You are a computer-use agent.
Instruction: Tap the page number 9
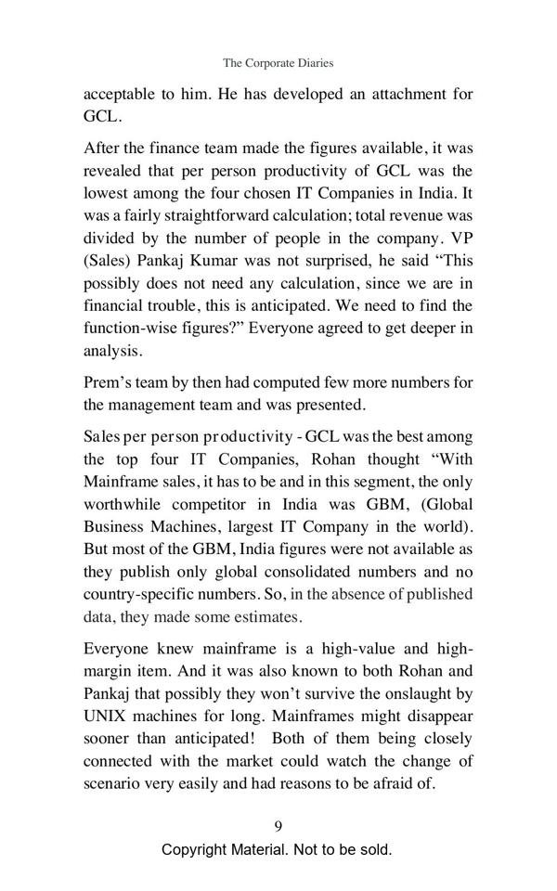point(278,826)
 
